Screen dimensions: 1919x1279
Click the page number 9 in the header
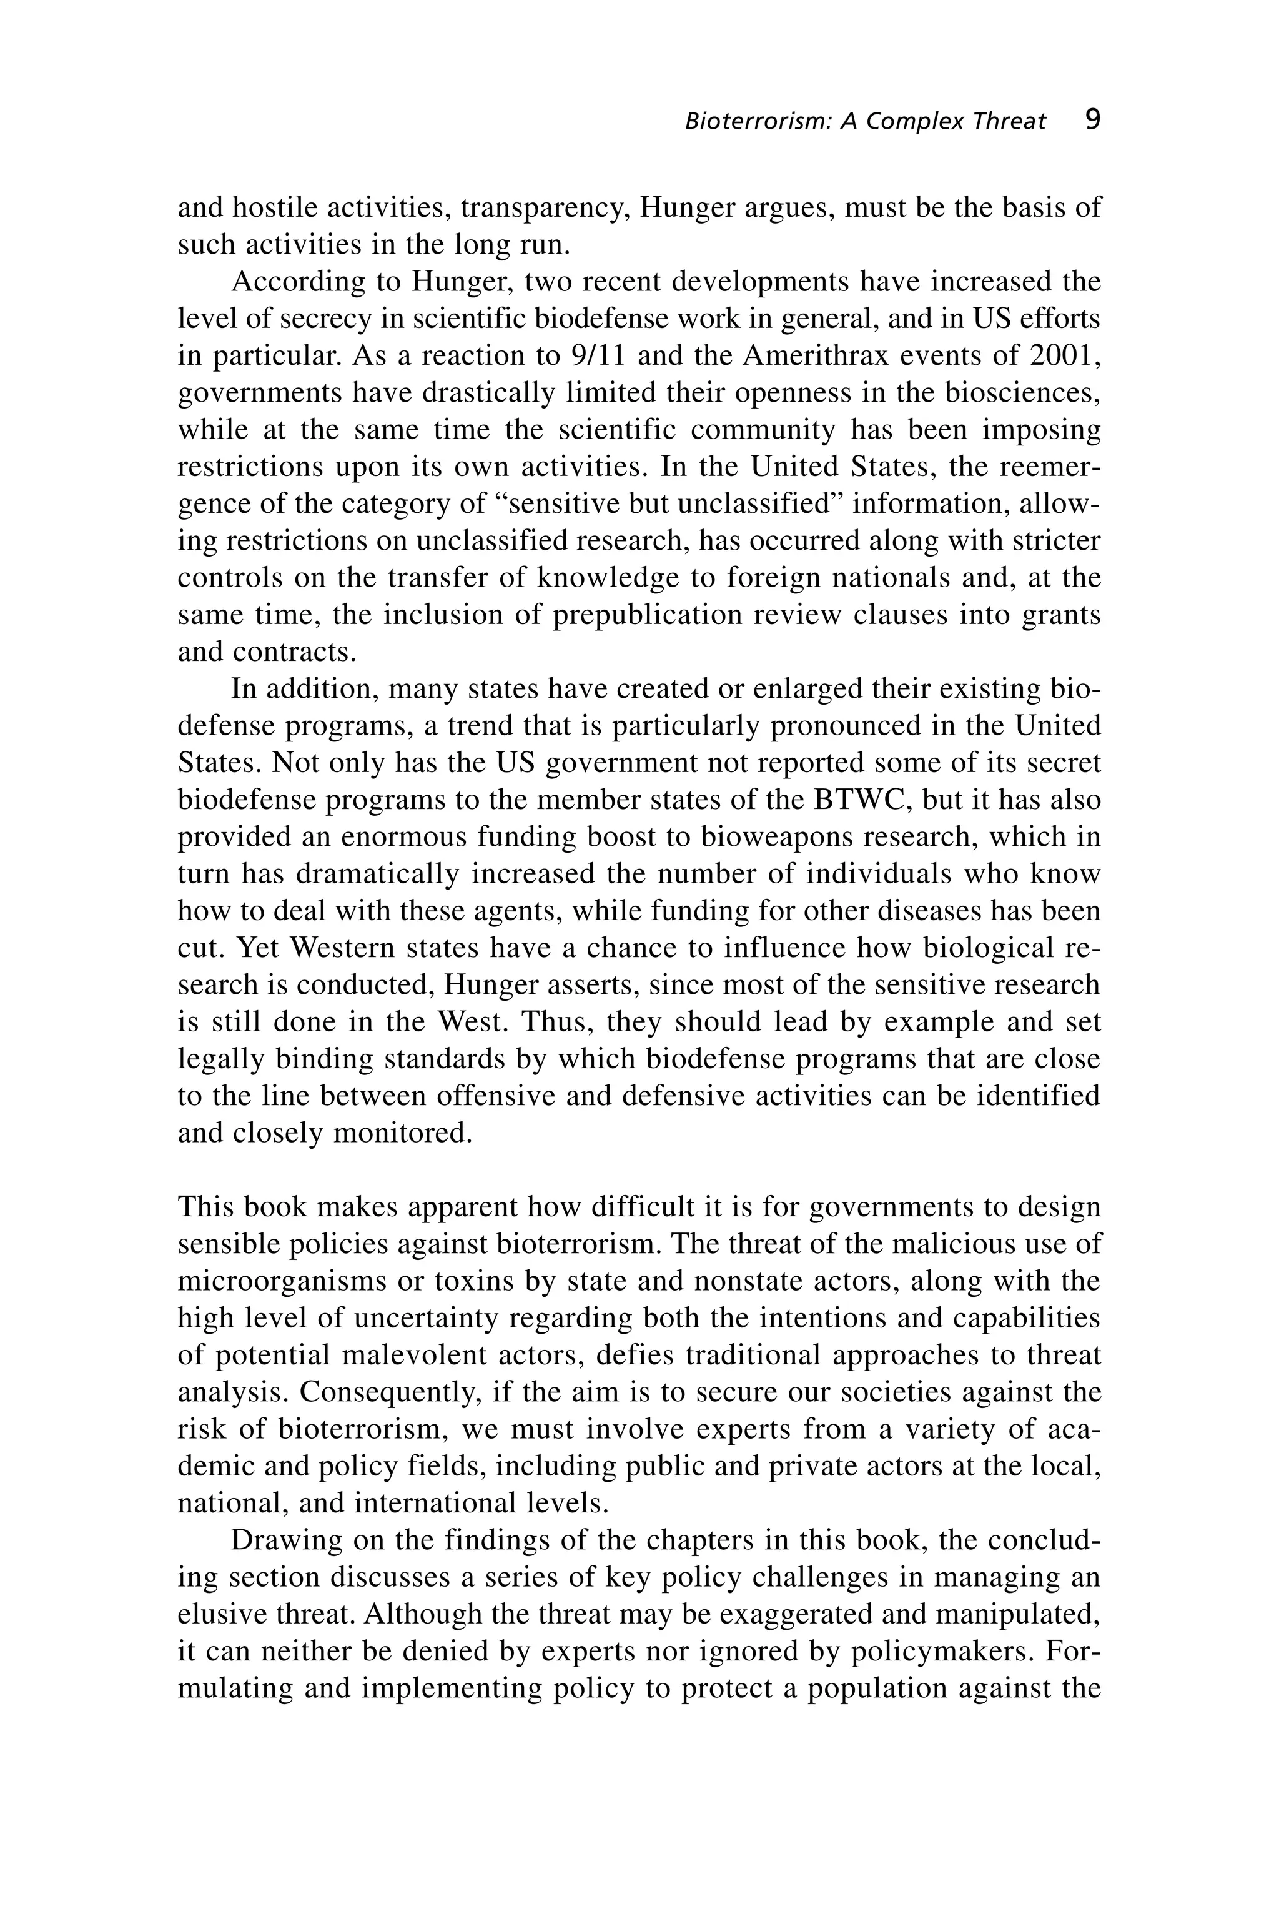tap(1093, 121)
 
